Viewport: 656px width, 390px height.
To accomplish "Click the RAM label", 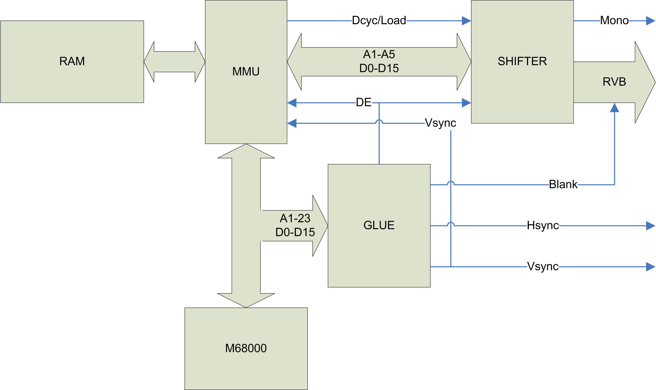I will (x=72, y=61).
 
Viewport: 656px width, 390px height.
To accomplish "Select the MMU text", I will (x=246, y=71).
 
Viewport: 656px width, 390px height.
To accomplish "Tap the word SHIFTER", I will (x=522, y=61).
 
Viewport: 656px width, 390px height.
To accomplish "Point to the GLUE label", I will (x=379, y=225).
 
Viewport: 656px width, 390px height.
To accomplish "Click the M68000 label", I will (x=246, y=348).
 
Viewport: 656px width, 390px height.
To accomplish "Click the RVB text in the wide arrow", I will (x=614, y=82).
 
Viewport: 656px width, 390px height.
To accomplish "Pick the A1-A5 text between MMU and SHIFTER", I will (x=379, y=54).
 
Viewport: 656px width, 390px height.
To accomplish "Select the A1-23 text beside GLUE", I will (x=295, y=218).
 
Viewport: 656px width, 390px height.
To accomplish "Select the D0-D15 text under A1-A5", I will (x=379, y=68).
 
